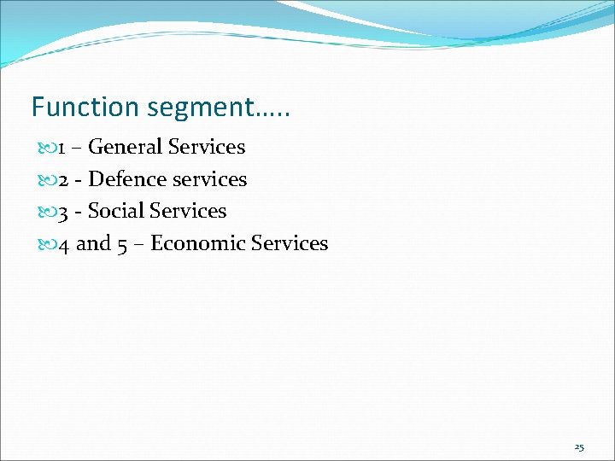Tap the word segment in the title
tap(200, 108)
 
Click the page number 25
tap(579, 446)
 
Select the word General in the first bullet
tap(126, 148)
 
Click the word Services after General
tap(207, 148)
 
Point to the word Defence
tap(126, 179)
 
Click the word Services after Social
tap(188, 211)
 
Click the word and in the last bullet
tap(94, 243)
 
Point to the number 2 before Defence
tap(63, 180)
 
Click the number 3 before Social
tap(63, 212)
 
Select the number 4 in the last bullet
tap(63, 244)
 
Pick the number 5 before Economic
tap(124, 244)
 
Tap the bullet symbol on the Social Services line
tap(48, 212)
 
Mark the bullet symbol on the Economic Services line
tap(48, 244)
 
